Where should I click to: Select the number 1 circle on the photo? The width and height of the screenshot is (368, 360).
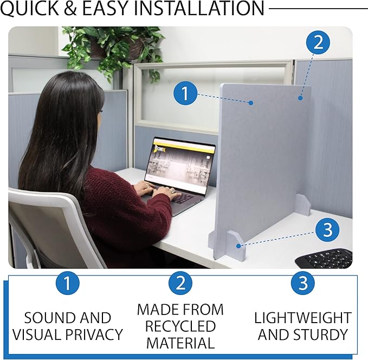pyautogui.click(x=185, y=94)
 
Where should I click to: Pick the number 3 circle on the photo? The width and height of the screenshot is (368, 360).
pyautogui.click(x=327, y=230)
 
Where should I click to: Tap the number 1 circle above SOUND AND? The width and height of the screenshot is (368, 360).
pyautogui.click(x=68, y=284)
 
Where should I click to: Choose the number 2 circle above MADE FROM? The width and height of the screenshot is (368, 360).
pyautogui.click(x=180, y=284)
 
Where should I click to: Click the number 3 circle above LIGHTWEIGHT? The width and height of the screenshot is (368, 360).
pyautogui.click(x=303, y=284)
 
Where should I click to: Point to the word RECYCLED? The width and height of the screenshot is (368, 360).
pyautogui.click(x=180, y=326)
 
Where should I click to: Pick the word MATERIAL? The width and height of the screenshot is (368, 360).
pyautogui.click(x=180, y=343)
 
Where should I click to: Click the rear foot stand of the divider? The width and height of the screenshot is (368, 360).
pyautogui.click(x=303, y=205)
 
